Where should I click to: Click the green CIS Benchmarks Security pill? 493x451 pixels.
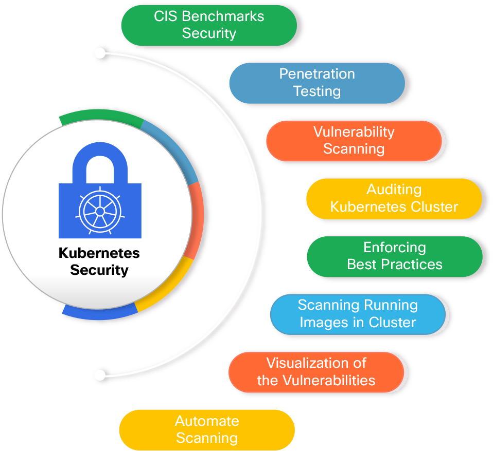tap(208, 25)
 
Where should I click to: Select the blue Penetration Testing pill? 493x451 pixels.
tap(316, 83)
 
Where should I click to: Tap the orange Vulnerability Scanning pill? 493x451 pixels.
tap(354, 140)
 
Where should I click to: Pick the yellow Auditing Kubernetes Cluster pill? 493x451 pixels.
tap(394, 198)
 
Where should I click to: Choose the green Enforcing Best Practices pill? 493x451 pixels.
tap(395, 256)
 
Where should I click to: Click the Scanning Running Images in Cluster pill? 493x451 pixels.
tap(358, 314)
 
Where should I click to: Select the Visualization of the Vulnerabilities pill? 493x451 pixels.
tap(316, 372)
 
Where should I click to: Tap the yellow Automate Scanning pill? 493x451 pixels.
tap(207, 429)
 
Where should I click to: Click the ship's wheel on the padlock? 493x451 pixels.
tap(100, 211)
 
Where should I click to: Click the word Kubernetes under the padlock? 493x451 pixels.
tap(99, 253)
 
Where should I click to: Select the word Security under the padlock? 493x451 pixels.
tap(99, 270)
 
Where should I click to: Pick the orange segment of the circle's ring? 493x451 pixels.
tap(195, 221)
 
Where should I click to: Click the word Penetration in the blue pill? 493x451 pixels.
tap(317, 74)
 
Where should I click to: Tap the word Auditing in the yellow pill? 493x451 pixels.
tap(394, 190)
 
